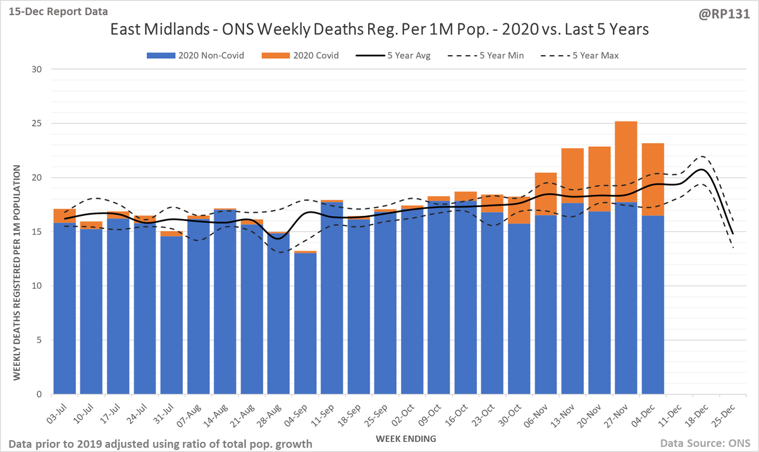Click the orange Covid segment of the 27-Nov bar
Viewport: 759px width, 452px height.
[626, 161]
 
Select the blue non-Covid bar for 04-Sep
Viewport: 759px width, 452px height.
[305, 323]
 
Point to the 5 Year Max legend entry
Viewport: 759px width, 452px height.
[581, 55]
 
